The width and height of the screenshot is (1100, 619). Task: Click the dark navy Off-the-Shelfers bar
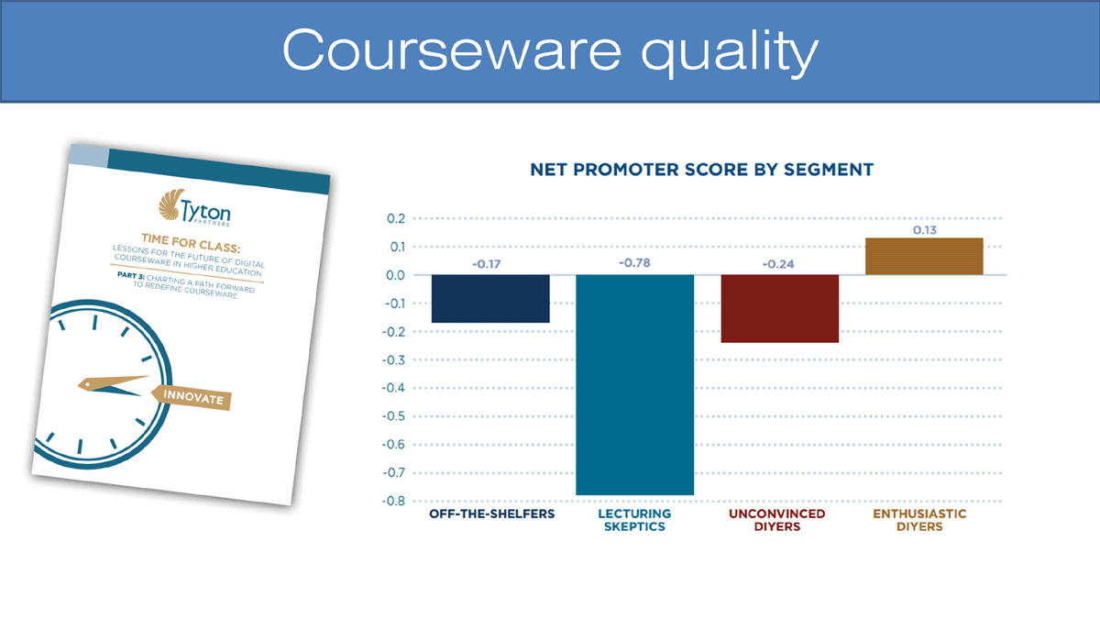[x=490, y=299]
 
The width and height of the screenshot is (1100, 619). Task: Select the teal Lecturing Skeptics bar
[x=635, y=384]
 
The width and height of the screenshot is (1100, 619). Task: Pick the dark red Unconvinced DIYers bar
[x=780, y=308]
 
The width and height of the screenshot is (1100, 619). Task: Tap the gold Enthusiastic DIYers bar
[x=924, y=257]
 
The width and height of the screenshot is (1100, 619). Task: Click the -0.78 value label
[x=634, y=263]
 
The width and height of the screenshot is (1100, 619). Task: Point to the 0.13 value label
[x=925, y=230]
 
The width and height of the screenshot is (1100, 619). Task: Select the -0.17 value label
[x=487, y=264]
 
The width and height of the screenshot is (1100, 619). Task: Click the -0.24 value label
[x=778, y=264]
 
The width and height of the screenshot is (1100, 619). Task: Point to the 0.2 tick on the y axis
[x=396, y=218]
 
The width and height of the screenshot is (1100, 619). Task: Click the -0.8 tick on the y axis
[x=394, y=501]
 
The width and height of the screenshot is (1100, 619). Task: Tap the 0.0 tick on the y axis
[x=395, y=275]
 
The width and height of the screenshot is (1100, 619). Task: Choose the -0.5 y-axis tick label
[x=394, y=416]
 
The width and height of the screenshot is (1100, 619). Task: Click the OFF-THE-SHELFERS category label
[x=491, y=514]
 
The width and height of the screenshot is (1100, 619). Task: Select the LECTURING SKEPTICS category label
[x=634, y=520]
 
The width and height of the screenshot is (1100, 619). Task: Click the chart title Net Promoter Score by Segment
[x=702, y=170]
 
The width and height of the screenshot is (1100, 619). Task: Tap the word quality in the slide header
[x=730, y=51]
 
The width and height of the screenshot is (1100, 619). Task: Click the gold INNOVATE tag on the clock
[x=192, y=397]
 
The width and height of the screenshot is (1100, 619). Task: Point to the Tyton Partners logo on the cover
[x=195, y=207]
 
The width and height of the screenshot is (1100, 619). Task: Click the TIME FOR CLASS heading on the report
[x=191, y=243]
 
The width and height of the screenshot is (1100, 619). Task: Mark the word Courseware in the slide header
[x=452, y=50]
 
